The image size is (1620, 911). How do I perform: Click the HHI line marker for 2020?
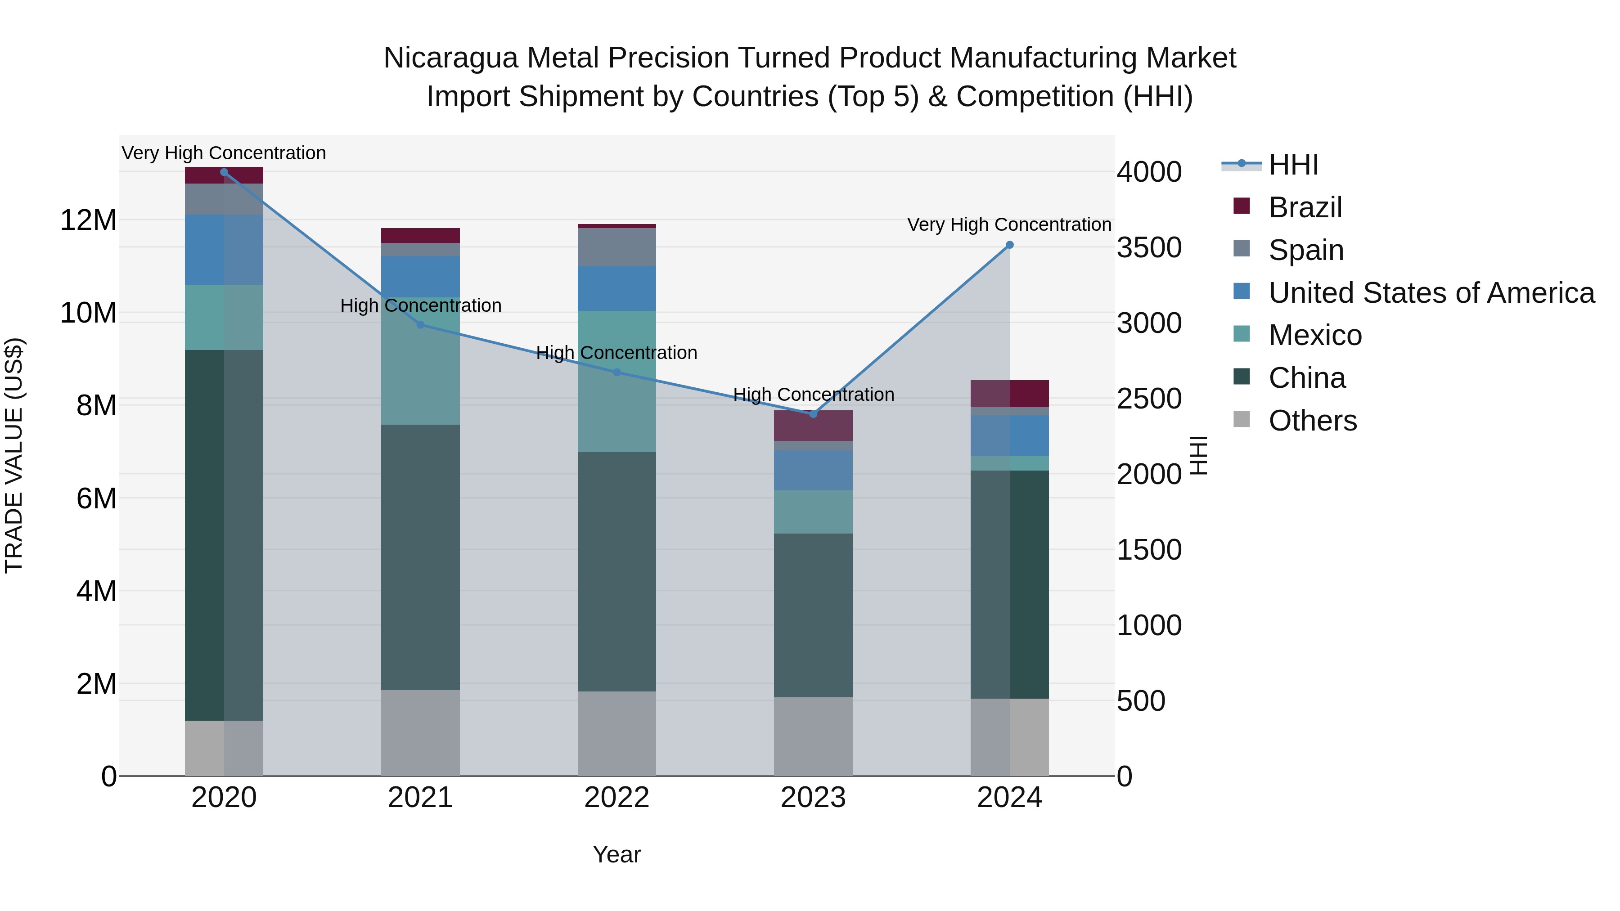[x=224, y=172]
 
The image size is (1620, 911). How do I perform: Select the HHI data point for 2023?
[x=813, y=414]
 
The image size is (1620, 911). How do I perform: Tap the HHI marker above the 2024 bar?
[x=1009, y=245]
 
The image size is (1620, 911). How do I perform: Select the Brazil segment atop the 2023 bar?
[x=813, y=426]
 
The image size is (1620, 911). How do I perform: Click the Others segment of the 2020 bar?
[x=224, y=748]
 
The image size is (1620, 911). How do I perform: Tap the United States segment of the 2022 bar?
[x=616, y=288]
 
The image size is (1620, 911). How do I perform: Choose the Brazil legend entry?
[x=1305, y=207]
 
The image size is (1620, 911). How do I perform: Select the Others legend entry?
[x=1313, y=421]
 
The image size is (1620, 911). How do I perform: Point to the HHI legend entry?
[x=1292, y=165]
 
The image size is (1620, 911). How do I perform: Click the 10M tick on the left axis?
[x=88, y=313]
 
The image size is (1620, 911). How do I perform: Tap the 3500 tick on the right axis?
[x=1148, y=248]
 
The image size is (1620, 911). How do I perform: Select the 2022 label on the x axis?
[x=616, y=798]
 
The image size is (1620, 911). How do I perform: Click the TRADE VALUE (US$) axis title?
[x=14, y=455]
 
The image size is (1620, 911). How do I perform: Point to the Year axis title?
[x=616, y=854]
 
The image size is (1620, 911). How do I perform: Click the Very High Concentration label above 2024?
[x=1009, y=224]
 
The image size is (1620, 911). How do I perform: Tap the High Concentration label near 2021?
[x=420, y=305]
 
